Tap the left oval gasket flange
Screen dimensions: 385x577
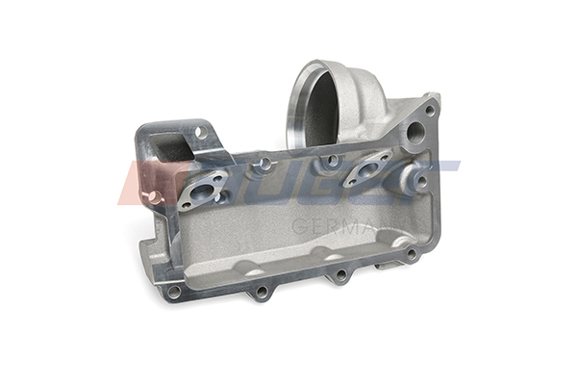[x=203, y=191]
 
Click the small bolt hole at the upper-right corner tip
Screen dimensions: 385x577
[x=430, y=110]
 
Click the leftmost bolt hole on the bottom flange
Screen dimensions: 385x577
[x=174, y=290]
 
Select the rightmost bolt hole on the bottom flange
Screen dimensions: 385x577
[x=411, y=255]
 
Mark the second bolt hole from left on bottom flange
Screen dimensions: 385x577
[x=260, y=292]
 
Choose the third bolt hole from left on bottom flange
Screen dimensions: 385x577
[x=339, y=275]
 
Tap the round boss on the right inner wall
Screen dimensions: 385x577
[x=420, y=178]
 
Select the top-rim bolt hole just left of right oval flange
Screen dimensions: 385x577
[x=332, y=161]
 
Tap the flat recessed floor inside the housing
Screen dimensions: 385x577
[x=288, y=241]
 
